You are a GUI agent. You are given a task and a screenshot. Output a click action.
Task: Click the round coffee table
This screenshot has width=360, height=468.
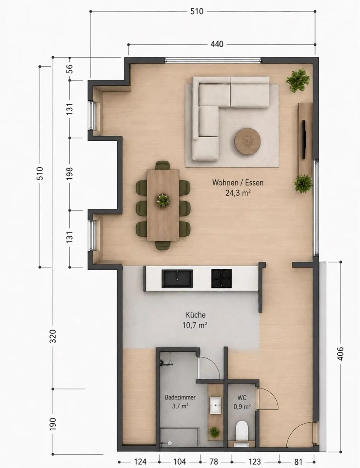247,142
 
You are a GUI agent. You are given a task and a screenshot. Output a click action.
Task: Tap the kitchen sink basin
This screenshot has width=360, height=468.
177,278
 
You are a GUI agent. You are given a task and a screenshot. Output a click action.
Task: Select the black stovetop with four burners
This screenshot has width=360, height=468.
221,278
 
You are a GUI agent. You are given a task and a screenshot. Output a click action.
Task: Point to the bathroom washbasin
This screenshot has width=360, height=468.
215,405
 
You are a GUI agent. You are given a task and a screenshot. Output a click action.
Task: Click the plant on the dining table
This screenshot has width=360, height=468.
163,200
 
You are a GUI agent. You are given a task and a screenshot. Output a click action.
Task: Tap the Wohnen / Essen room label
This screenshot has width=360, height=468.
238,183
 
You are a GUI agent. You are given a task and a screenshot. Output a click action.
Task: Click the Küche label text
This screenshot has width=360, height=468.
196,315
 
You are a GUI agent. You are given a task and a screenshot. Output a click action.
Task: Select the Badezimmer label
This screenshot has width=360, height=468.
180,397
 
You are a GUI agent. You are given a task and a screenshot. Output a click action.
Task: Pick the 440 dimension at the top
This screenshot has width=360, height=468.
217,44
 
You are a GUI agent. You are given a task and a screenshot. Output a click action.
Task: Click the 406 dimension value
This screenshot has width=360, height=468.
341,354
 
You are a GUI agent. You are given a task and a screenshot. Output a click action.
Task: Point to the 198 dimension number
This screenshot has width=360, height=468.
69,174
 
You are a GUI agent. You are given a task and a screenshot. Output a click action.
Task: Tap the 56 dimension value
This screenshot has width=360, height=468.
70,69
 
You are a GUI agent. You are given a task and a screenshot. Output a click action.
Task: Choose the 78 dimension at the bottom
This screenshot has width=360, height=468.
214,461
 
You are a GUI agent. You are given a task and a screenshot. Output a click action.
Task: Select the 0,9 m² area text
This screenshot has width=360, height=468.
242,407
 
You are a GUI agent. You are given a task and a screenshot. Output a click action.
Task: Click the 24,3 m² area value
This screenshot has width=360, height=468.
238,193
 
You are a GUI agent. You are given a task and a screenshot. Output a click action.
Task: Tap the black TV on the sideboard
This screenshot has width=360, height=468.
304,139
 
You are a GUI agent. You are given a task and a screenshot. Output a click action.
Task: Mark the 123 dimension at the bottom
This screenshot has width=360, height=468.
255,461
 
